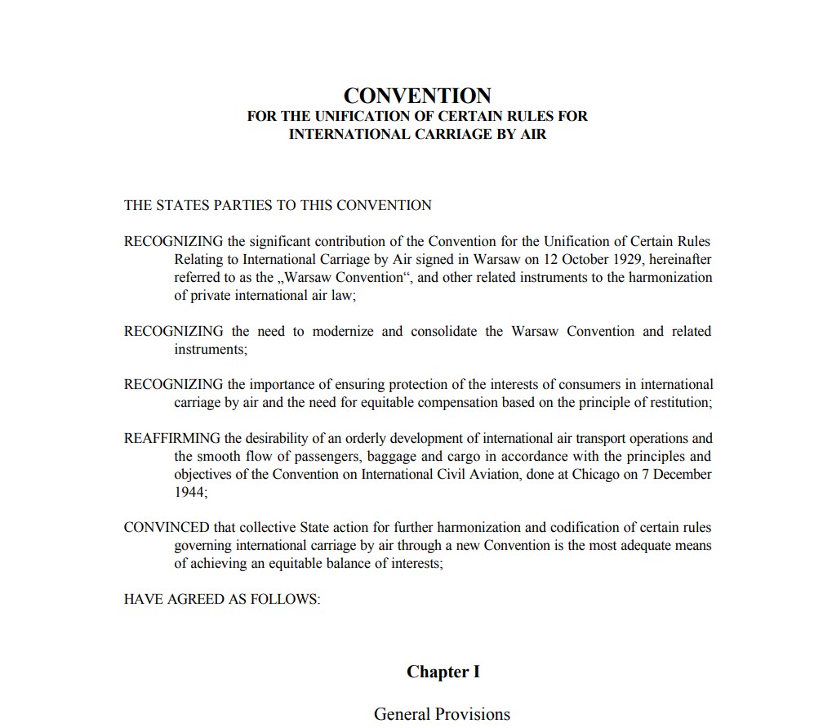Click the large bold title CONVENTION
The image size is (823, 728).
417,96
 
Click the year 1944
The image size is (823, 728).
189,493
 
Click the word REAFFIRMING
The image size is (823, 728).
171,438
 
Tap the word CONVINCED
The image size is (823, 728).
167,527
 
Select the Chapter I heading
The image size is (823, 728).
443,672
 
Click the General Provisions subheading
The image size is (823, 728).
442,714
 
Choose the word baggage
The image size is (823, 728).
400,457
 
